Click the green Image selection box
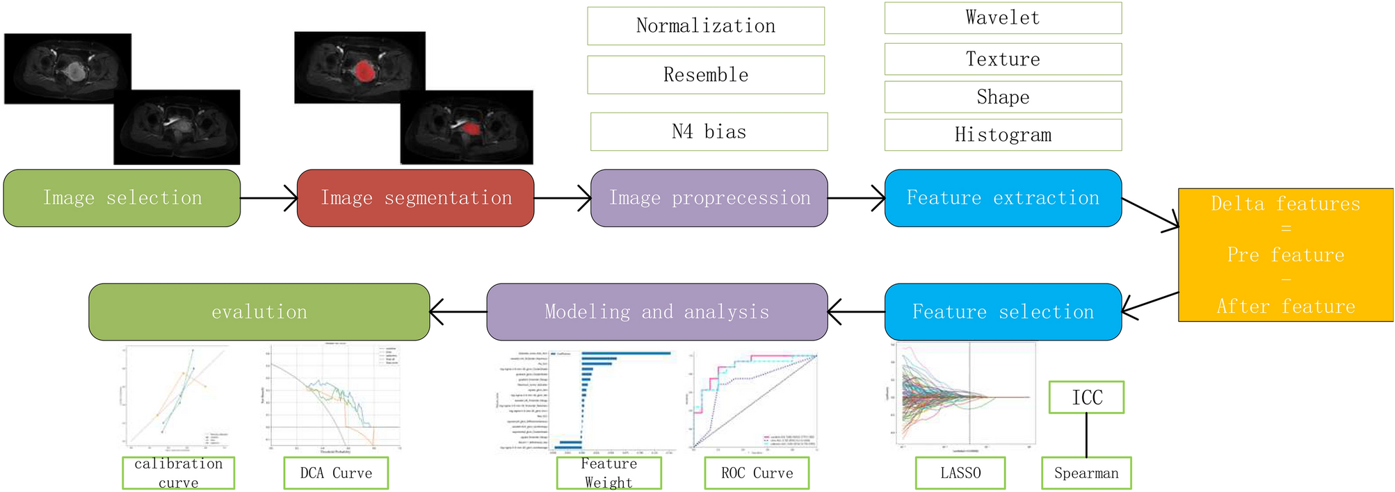point(122,198)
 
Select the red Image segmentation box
point(415,198)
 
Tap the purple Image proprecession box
point(709,198)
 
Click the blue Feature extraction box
point(1002,198)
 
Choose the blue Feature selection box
point(1002,312)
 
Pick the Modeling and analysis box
point(656,312)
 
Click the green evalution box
point(259,312)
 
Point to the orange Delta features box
point(1285,254)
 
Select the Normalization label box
point(705,26)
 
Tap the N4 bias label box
point(709,131)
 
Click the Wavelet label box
point(1002,18)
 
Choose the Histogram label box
point(1002,135)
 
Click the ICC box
point(1086,397)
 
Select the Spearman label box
point(1086,473)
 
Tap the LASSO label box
point(960,473)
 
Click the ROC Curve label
point(757,473)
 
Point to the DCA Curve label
point(335,473)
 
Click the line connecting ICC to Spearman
point(1086,435)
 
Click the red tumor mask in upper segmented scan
point(363,70)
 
